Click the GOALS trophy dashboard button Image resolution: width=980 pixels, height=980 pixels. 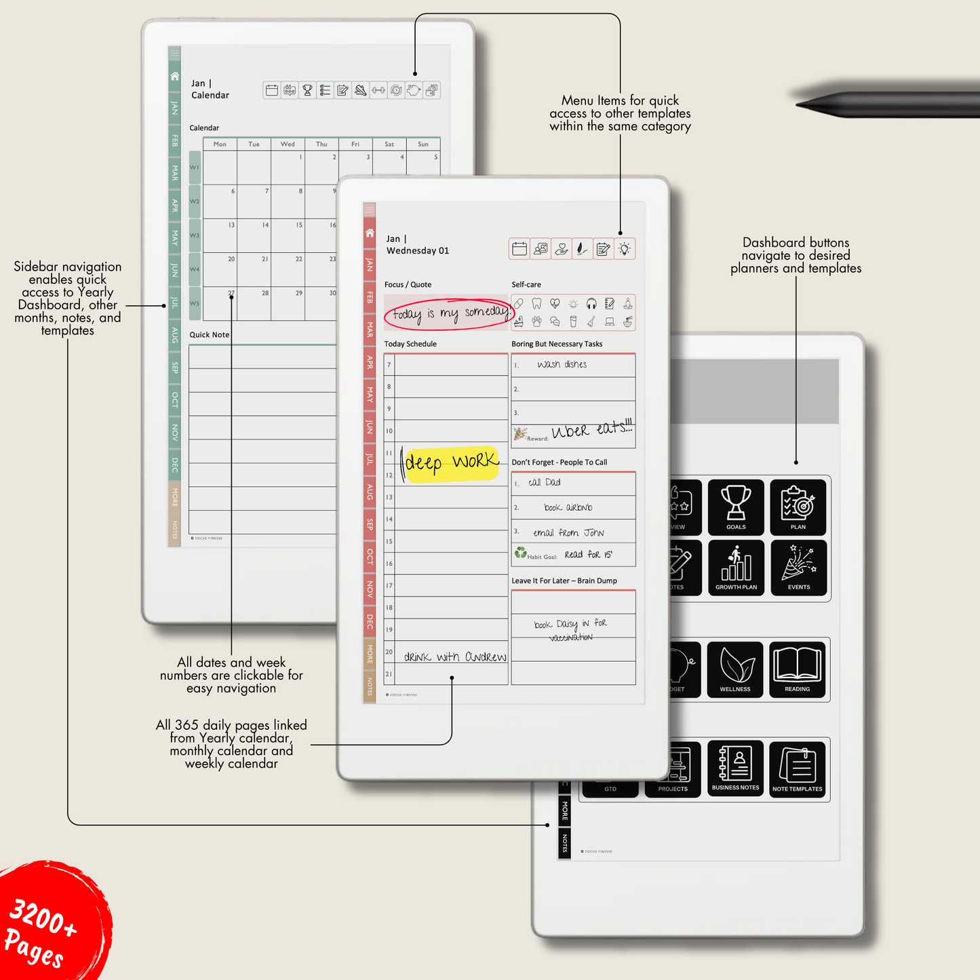tap(736, 507)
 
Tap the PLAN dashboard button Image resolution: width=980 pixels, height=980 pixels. tap(798, 507)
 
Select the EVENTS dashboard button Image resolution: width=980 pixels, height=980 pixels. tap(798, 568)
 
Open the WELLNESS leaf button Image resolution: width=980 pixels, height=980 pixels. tap(735, 669)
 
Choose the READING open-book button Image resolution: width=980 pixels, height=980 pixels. tap(797, 669)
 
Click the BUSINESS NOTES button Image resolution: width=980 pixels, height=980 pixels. tap(735, 768)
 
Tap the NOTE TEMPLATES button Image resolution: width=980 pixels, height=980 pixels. tap(797, 768)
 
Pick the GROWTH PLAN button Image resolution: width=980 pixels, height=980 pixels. tap(736, 568)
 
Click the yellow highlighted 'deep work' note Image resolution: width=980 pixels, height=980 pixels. tap(451, 463)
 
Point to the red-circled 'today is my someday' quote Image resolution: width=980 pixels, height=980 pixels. tap(448, 313)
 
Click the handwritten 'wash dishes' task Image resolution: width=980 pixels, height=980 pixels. tap(562, 365)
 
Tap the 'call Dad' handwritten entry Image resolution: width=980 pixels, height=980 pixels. tap(545, 482)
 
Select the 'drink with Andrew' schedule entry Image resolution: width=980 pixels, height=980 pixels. tap(455, 656)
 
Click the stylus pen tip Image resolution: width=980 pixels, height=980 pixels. tap(804, 104)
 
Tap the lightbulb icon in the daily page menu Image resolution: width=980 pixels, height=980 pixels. tap(625, 249)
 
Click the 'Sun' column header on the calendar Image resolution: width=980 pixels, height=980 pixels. tap(423, 144)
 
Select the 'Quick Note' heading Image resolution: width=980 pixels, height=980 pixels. tap(210, 334)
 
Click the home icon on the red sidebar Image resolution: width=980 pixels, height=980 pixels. tap(370, 233)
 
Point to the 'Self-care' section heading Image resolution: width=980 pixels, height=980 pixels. tap(526, 285)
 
